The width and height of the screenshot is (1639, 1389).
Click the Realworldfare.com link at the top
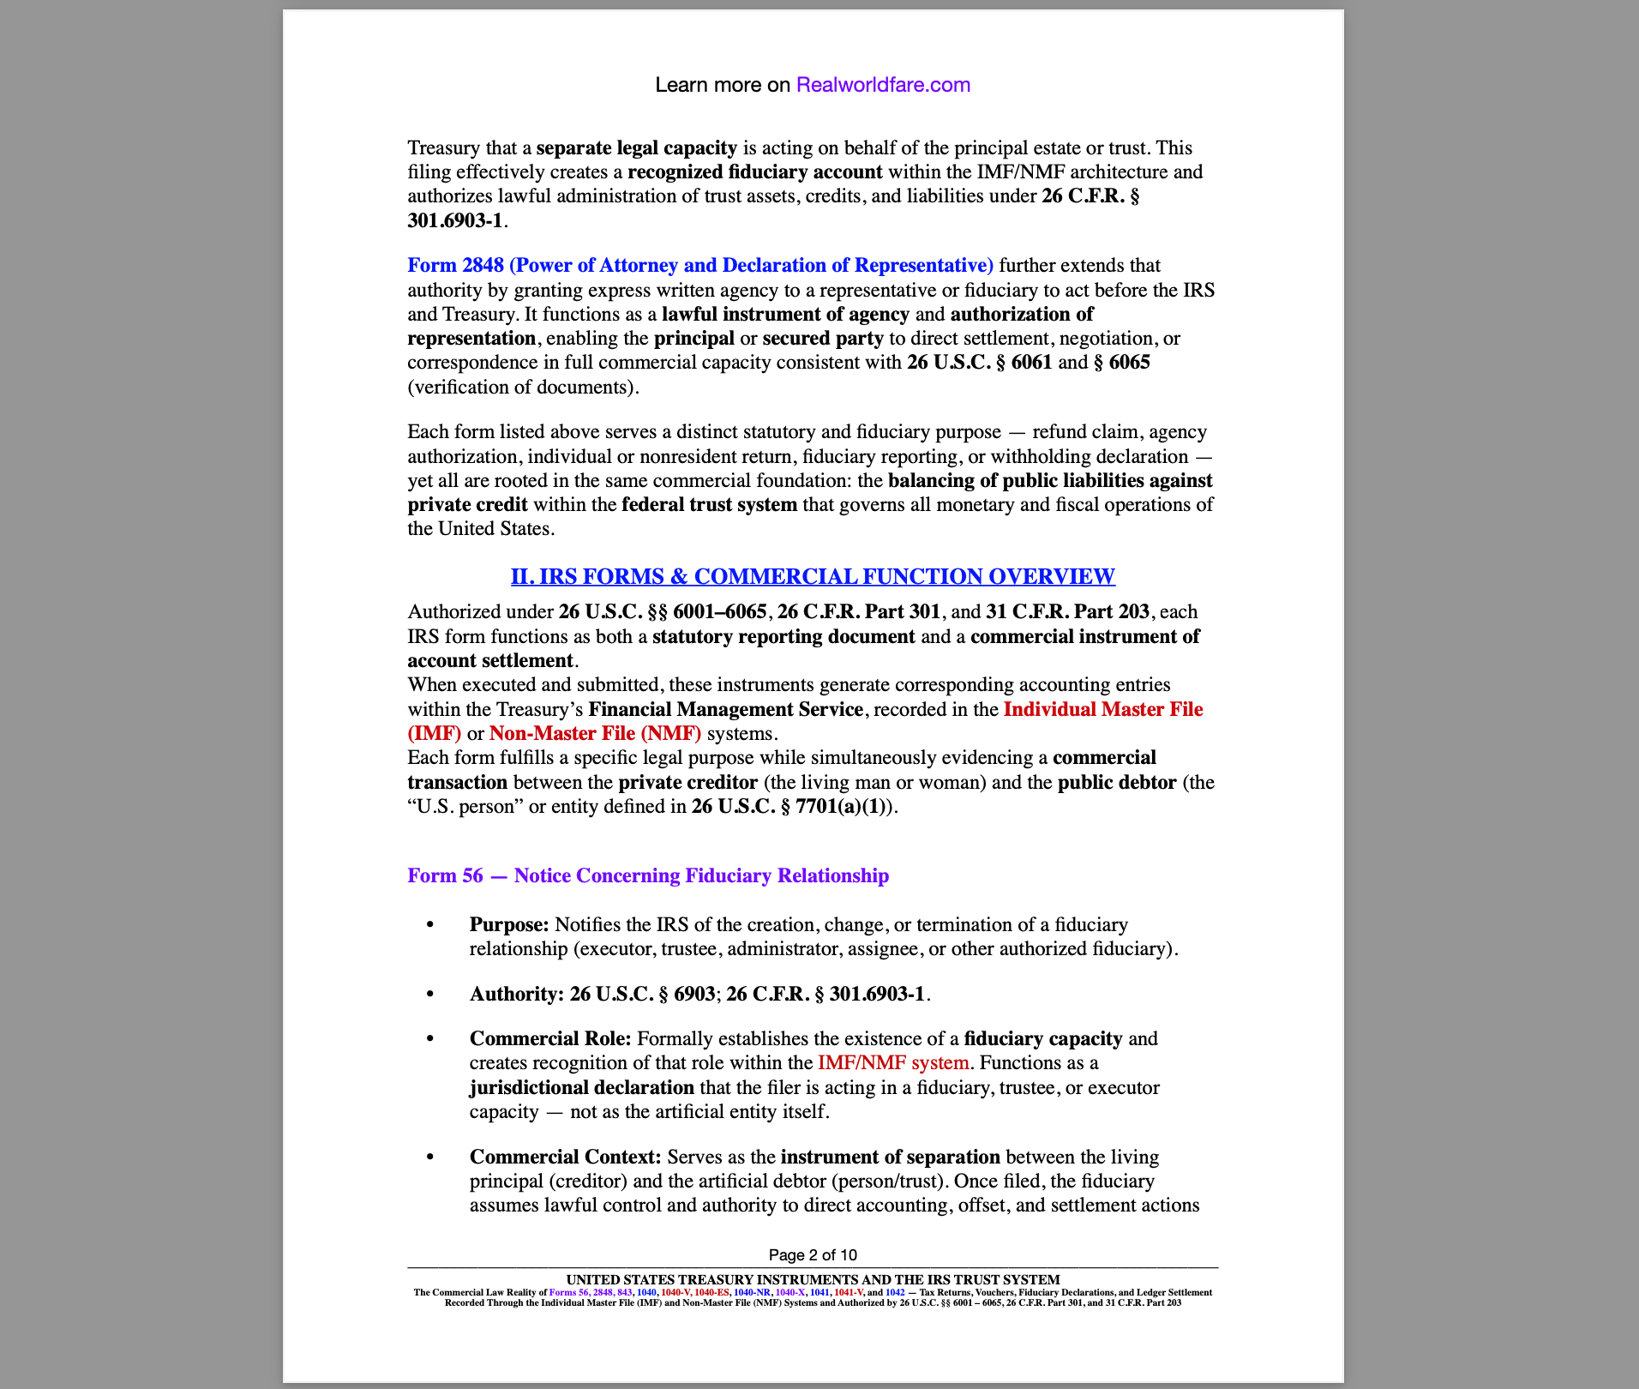click(x=883, y=85)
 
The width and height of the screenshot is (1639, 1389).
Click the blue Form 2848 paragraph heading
click(x=699, y=265)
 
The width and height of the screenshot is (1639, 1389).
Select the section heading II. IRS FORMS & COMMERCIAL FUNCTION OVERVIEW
click(x=813, y=576)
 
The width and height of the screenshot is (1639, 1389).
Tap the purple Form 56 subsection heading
click(x=647, y=875)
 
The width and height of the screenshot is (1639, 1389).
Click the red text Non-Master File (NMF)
click(x=595, y=733)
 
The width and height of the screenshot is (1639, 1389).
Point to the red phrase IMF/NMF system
click(x=893, y=1062)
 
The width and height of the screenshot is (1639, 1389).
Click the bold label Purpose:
click(x=509, y=924)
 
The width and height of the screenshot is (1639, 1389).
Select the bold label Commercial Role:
click(x=550, y=1038)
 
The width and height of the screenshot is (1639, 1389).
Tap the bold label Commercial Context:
click(x=565, y=1157)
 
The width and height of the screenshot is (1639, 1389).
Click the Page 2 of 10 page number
click(x=813, y=1255)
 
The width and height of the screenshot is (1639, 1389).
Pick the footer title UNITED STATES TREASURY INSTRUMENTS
click(x=813, y=1279)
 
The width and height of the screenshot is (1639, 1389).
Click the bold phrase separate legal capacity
click(x=636, y=147)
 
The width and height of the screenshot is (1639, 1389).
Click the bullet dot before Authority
click(x=430, y=994)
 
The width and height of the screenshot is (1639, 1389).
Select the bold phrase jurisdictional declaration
click(x=581, y=1087)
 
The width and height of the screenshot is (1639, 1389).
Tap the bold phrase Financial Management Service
click(x=725, y=709)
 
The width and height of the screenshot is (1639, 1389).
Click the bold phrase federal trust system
click(x=709, y=504)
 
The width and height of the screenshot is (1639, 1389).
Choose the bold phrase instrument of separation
click(x=890, y=1157)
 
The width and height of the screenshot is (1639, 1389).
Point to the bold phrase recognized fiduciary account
click(x=754, y=171)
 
